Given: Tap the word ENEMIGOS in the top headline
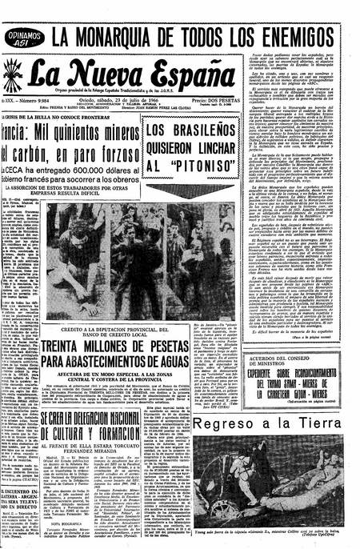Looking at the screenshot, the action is point(310,35).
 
